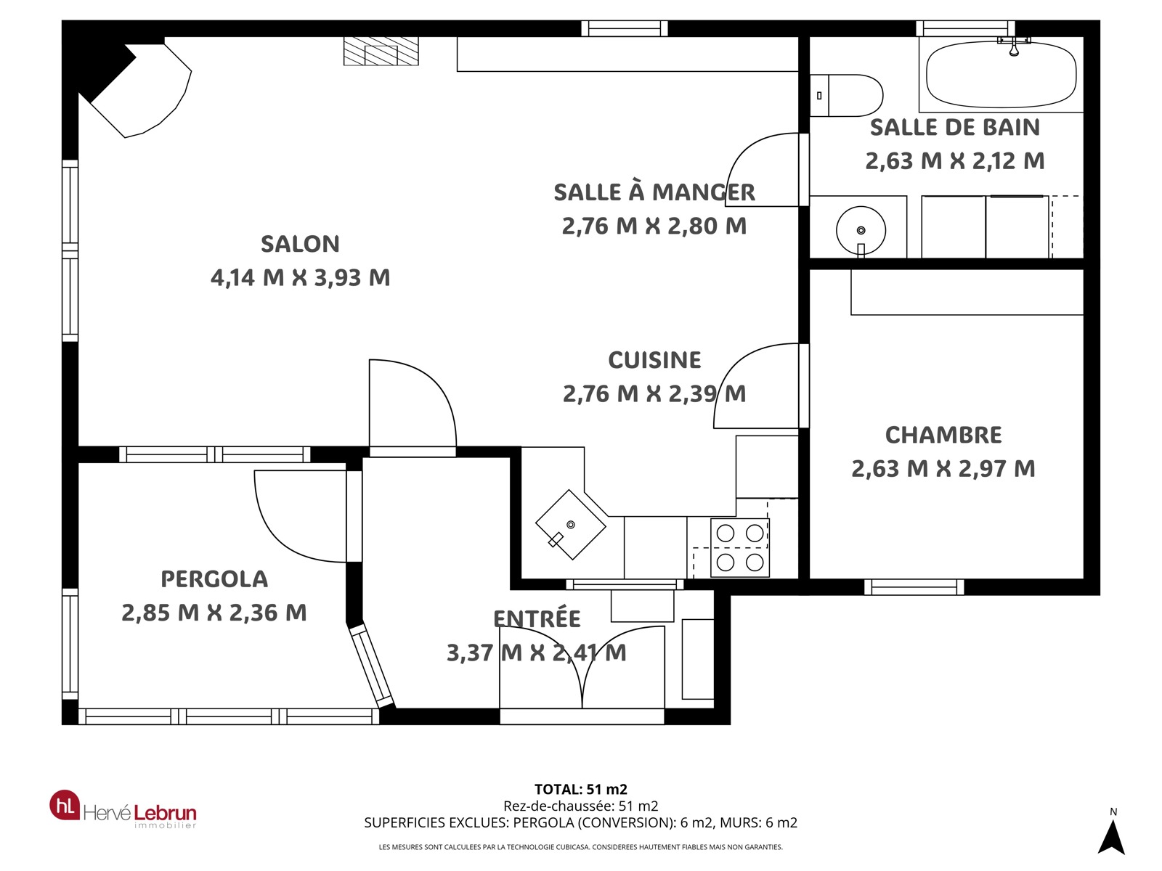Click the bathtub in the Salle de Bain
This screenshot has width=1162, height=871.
(x=1001, y=74)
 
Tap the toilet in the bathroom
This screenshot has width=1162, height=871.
(x=847, y=95)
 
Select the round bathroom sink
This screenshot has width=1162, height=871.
(x=861, y=231)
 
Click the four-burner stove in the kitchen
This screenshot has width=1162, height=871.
(x=739, y=547)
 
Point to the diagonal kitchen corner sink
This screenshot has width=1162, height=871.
(x=571, y=525)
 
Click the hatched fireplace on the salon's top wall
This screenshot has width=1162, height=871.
(x=381, y=52)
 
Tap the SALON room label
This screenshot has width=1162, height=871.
(x=300, y=244)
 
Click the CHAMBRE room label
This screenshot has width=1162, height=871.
(x=943, y=435)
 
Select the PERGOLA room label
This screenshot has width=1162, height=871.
(x=214, y=579)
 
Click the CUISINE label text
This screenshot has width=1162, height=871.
(x=655, y=360)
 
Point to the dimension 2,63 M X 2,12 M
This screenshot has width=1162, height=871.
(x=955, y=160)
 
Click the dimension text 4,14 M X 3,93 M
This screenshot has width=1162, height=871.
(x=300, y=278)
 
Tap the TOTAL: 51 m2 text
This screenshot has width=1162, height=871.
(x=581, y=790)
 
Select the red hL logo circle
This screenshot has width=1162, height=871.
(x=65, y=806)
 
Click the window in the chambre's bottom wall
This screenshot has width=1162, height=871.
(x=914, y=587)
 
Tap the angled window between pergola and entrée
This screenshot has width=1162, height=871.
(x=372, y=666)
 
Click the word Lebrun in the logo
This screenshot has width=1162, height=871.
(x=165, y=813)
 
